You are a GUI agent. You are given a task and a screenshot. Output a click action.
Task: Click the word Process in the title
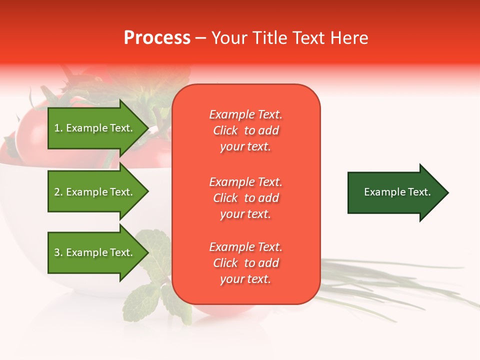pyautogui.click(x=157, y=38)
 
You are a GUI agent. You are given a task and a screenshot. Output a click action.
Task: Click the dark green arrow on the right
pyautogui.click(x=397, y=192)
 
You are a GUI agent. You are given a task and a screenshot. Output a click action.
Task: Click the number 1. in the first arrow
pyautogui.click(x=58, y=128)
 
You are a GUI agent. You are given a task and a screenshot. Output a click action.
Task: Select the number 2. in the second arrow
pyautogui.click(x=58, y=192)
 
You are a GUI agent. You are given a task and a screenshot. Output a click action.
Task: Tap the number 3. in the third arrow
pyautogui.click(x=58, y=252)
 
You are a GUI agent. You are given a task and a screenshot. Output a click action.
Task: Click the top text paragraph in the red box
pyautogui.click(x=245, y=130)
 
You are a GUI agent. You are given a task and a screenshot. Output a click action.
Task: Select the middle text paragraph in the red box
pyautogui.click(x=245, y=198)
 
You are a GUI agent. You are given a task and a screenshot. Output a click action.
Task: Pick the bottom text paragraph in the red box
pyautogui.click(x=245, y=263)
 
